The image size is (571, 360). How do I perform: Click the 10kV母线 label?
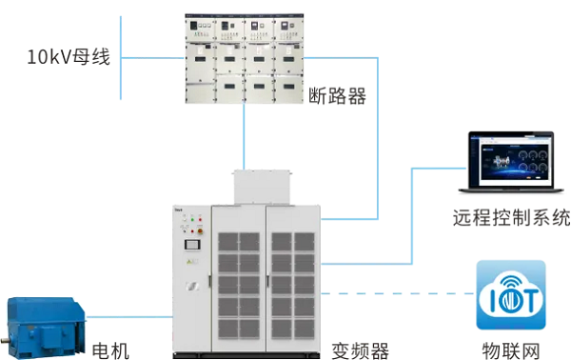point(69,57)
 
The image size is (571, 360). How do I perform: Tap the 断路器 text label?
point(338,95)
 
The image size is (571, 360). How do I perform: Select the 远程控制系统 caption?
point(511,217)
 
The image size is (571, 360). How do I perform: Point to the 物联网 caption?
point(510,349)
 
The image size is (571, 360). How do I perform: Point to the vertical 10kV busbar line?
point(124,57)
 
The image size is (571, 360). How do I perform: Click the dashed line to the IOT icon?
point(400,292)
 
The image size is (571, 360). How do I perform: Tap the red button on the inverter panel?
point(190,231)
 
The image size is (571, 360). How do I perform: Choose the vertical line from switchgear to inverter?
point(245,138)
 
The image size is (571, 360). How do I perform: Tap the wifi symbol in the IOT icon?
point(510,282)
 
